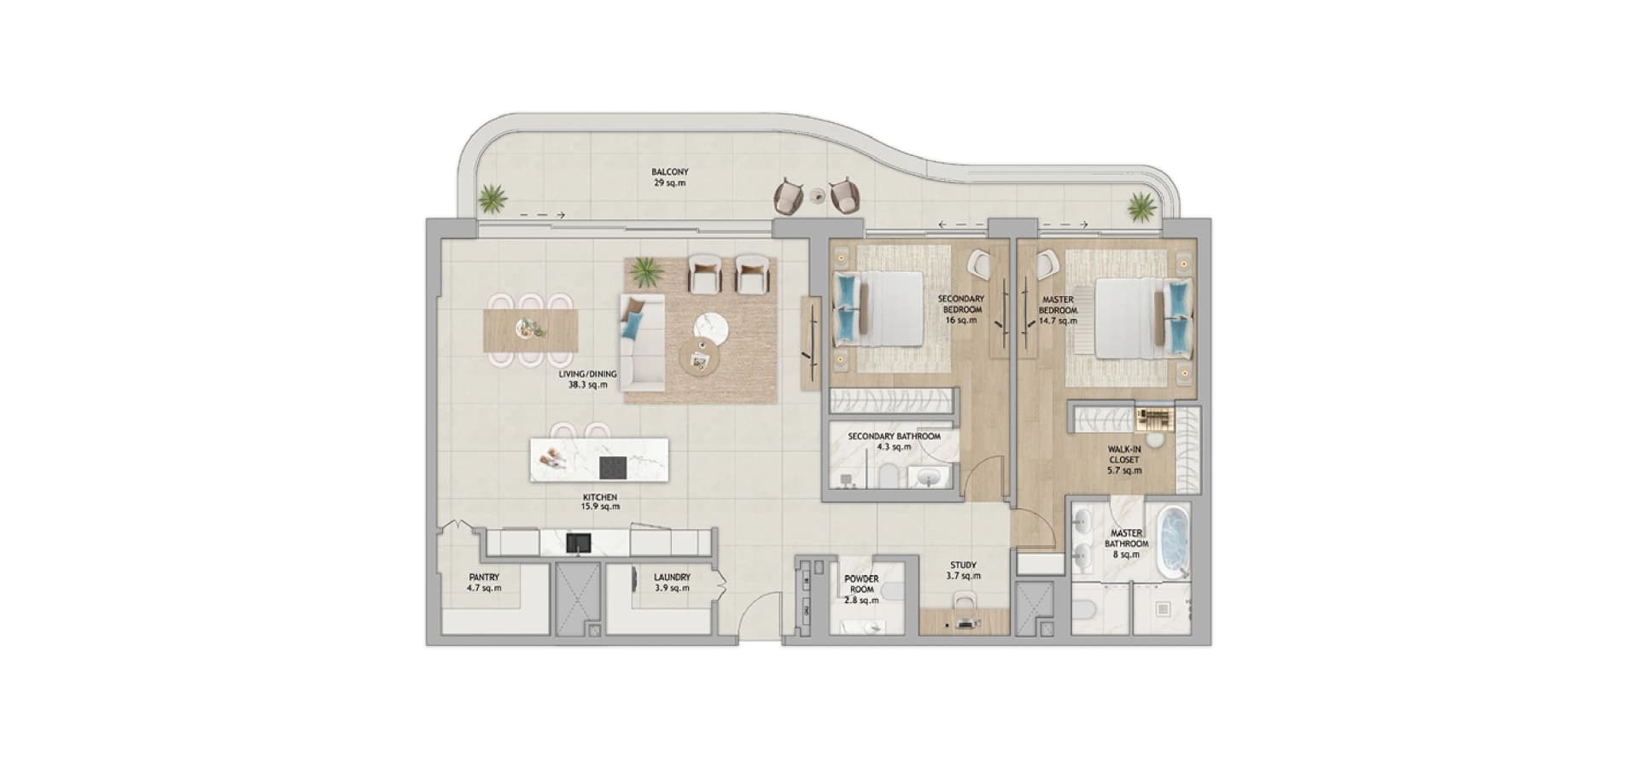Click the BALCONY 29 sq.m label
[669, 177]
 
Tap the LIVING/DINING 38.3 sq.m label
[587, 380]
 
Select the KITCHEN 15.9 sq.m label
[600, 502]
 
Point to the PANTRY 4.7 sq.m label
[484, 583]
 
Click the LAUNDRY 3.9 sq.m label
[672, 583]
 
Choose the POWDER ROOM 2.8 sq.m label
[861, 590]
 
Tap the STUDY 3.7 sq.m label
[963, 571]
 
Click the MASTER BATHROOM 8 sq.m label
[1127, 543]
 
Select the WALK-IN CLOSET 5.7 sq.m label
[1124, 460]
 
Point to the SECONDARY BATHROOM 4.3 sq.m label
[894, 441]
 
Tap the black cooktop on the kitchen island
[613, 468]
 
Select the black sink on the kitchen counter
[578, 543]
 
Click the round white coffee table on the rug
[711, 328]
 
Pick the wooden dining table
[530, 330]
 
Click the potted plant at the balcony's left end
[493, 200]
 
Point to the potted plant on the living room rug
[645, 272]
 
